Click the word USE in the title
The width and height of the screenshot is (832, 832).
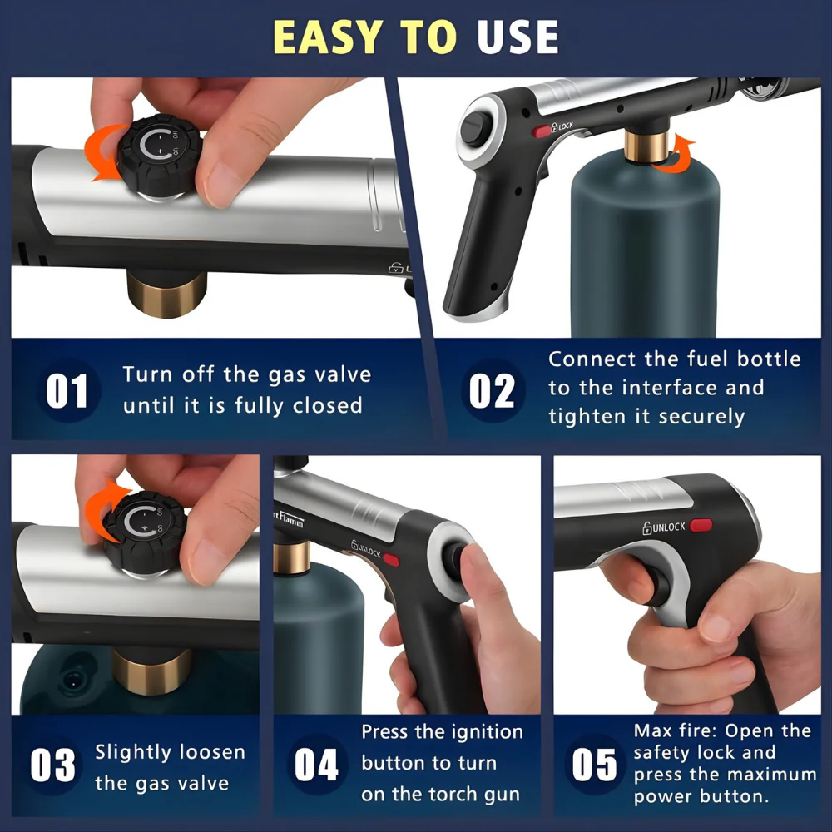(x=517, y=37)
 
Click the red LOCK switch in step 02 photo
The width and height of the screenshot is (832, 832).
(x=542, y=130)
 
